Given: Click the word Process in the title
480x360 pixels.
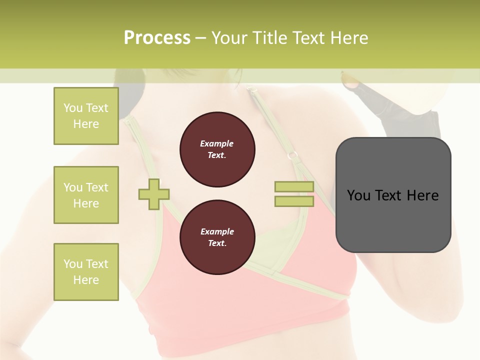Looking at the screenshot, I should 157,37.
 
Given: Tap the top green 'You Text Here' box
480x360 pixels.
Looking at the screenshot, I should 86,116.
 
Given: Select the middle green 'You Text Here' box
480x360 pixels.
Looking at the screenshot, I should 86,195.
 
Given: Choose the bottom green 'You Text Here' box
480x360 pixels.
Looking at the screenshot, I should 86,272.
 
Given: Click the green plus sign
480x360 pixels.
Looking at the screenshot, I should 154,194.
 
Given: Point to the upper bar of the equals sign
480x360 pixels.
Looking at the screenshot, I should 294,186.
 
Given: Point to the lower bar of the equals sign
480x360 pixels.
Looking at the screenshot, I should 294,201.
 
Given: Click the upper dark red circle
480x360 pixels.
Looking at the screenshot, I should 217,149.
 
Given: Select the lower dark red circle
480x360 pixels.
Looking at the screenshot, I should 217,237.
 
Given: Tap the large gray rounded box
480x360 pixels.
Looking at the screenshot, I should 393,220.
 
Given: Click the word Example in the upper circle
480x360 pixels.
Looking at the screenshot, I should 217,143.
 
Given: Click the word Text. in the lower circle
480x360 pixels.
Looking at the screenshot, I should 217,243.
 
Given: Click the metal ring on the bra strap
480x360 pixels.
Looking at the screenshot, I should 292,155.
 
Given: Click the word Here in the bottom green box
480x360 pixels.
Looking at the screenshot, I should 86,280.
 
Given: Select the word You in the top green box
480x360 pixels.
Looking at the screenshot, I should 72,108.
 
